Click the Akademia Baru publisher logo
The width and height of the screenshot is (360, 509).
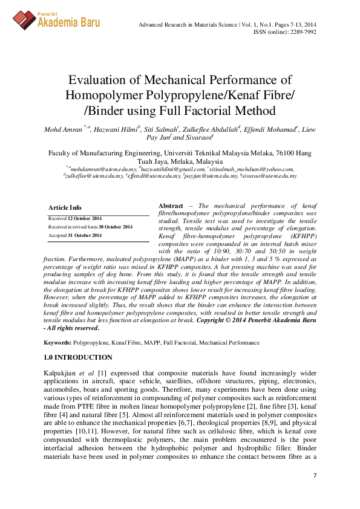pyautogui.click(x=57, y=19)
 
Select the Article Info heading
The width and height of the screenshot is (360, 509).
pyautogui.click(x=65, y=207)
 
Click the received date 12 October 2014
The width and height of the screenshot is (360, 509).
pyautogui.click(x=84, y=218)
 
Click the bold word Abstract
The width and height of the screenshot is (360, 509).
pyautogui.click(x=171, y=206)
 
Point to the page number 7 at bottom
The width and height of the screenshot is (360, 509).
pyautogui.click(x=315, y=476)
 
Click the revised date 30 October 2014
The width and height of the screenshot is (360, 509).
pyautogui.click(x=116, y=227)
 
